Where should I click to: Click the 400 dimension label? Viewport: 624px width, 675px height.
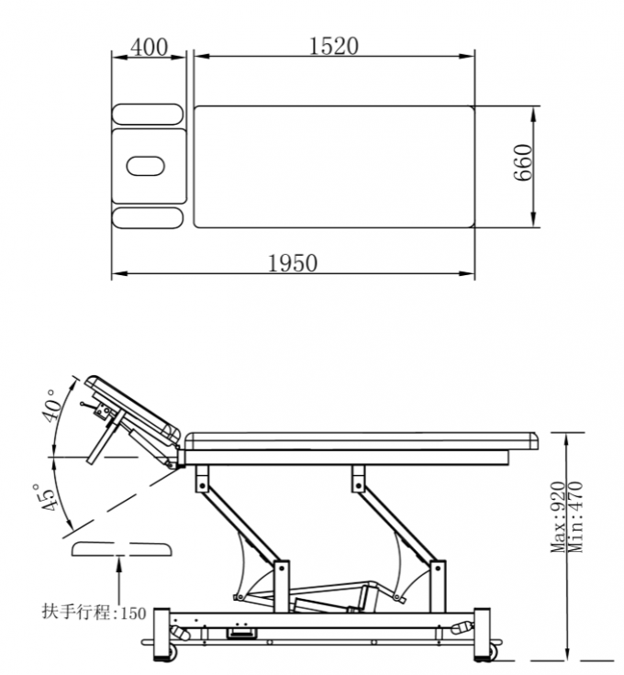[x=149, y=47]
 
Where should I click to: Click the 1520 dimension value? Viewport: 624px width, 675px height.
[x=333, y=46]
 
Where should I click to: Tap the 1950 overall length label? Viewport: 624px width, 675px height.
[x=293, y=263]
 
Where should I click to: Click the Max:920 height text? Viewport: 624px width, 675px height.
[x=557, y=518]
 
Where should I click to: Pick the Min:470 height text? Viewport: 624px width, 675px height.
[x=575, y=518]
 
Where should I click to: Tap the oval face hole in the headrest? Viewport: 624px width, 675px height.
[x=146, y=166]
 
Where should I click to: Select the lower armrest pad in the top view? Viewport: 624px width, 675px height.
[x=148, y=217]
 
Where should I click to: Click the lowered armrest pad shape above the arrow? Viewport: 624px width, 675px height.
[x=121, y=548]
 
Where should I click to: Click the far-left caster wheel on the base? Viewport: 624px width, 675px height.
[x=170, y=654]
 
